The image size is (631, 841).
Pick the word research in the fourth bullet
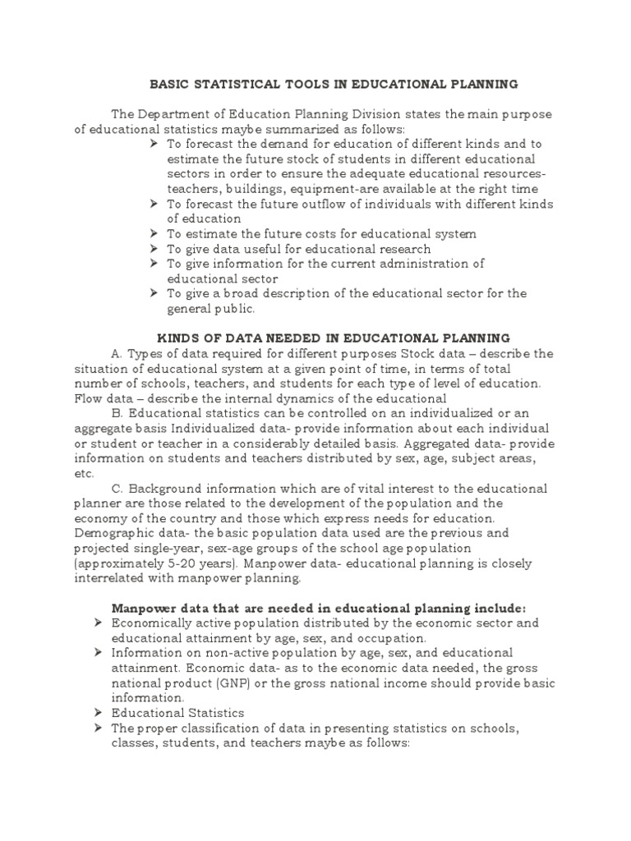[x=401, y=249]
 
